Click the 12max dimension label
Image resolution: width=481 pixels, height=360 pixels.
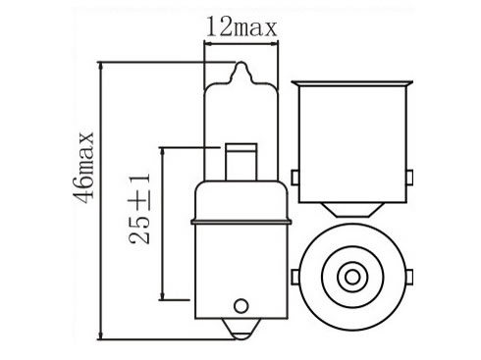[241, 27]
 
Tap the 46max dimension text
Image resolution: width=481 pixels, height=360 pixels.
[83, 167]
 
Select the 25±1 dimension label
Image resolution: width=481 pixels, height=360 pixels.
[139, 209]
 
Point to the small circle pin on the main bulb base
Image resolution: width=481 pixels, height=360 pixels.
[241, 306]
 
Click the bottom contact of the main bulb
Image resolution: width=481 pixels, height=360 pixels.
[241, 329]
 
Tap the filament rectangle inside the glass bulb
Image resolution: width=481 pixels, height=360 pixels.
[241, 162]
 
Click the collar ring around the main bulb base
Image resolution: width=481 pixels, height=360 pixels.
[241, 223]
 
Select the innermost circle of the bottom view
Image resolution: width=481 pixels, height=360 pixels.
[352, 278]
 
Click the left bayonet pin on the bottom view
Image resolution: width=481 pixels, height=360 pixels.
[295, 278]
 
